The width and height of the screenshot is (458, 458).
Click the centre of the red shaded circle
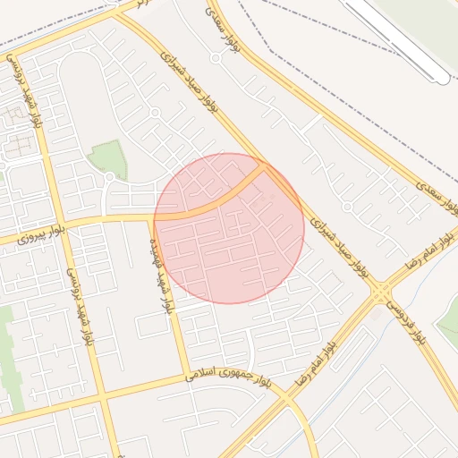coord(229,228)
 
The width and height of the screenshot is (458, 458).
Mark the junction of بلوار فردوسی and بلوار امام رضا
coord(384,293)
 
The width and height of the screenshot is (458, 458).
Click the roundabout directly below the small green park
coord(109,178)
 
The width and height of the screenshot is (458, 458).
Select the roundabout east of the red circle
coord(346,207)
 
